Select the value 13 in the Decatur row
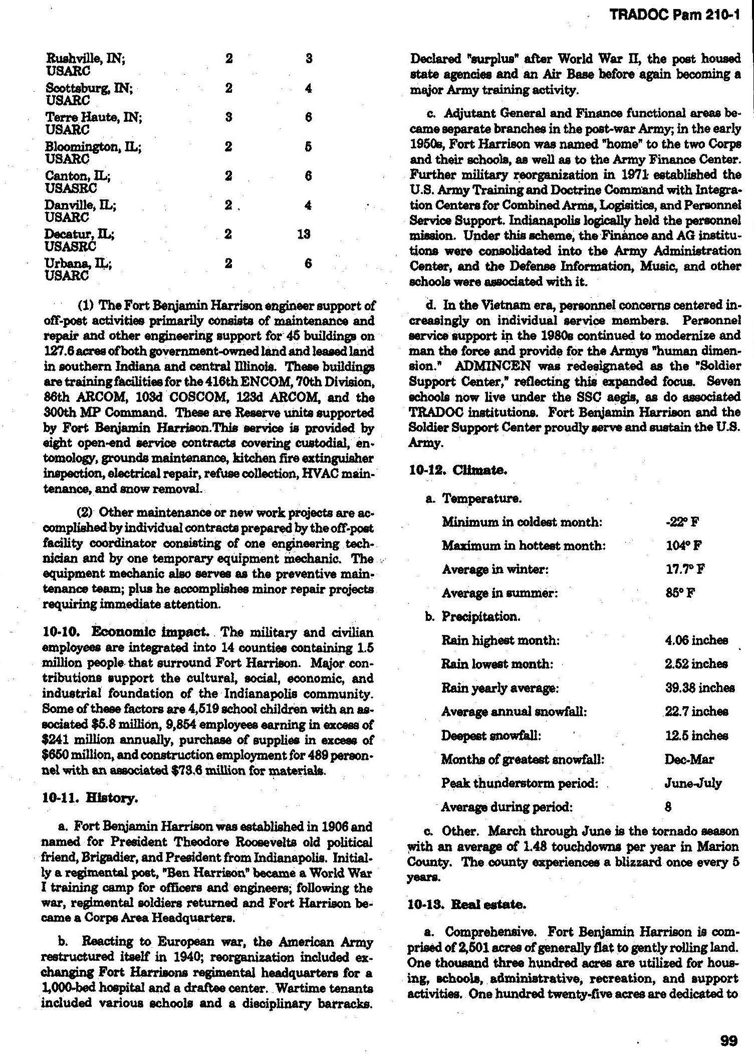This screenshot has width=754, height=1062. [x=304, y=234]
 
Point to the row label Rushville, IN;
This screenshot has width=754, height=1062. [x=85, y=59]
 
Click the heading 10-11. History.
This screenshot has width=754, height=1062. [x=90, y=798]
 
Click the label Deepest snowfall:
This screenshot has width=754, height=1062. [x=491, y=735]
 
